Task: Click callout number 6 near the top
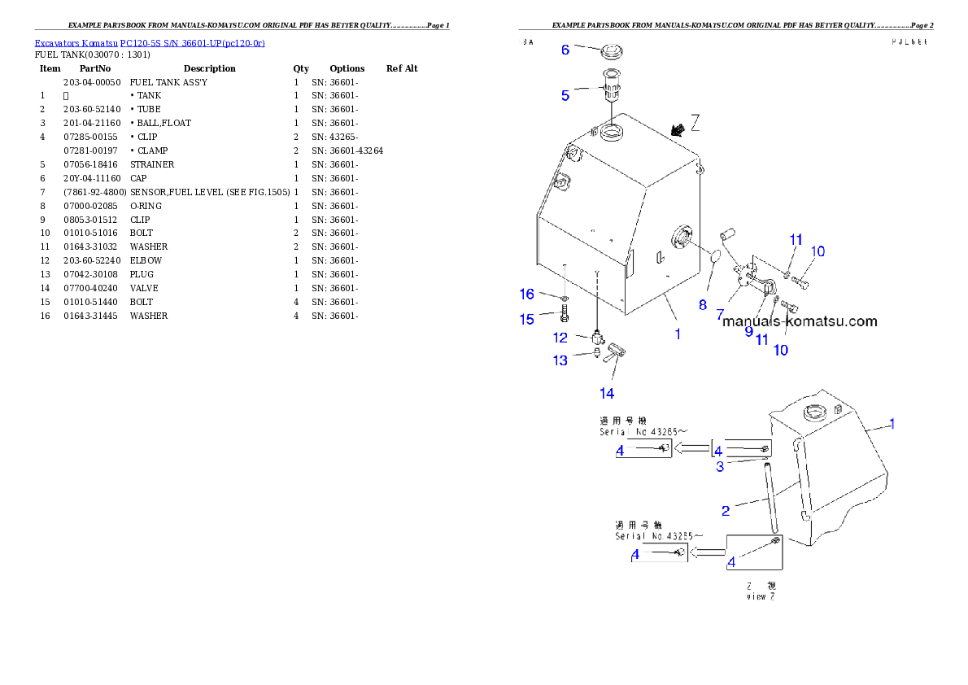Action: (565, 50)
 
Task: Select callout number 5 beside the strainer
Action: (565, 95)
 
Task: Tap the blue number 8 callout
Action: (703, 305)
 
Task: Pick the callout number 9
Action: (749, 330)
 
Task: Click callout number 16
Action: (527, 293)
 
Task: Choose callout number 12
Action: (560, 337)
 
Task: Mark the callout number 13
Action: (560, 360)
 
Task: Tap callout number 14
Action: (607, 393)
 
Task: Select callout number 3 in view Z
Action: (720, 466)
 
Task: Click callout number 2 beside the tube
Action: (726, 510)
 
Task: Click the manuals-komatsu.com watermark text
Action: (800, 321)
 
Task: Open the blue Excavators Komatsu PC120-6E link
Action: (150, 42)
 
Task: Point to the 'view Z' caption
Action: (761, 596)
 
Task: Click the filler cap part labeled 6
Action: (614, 54)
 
